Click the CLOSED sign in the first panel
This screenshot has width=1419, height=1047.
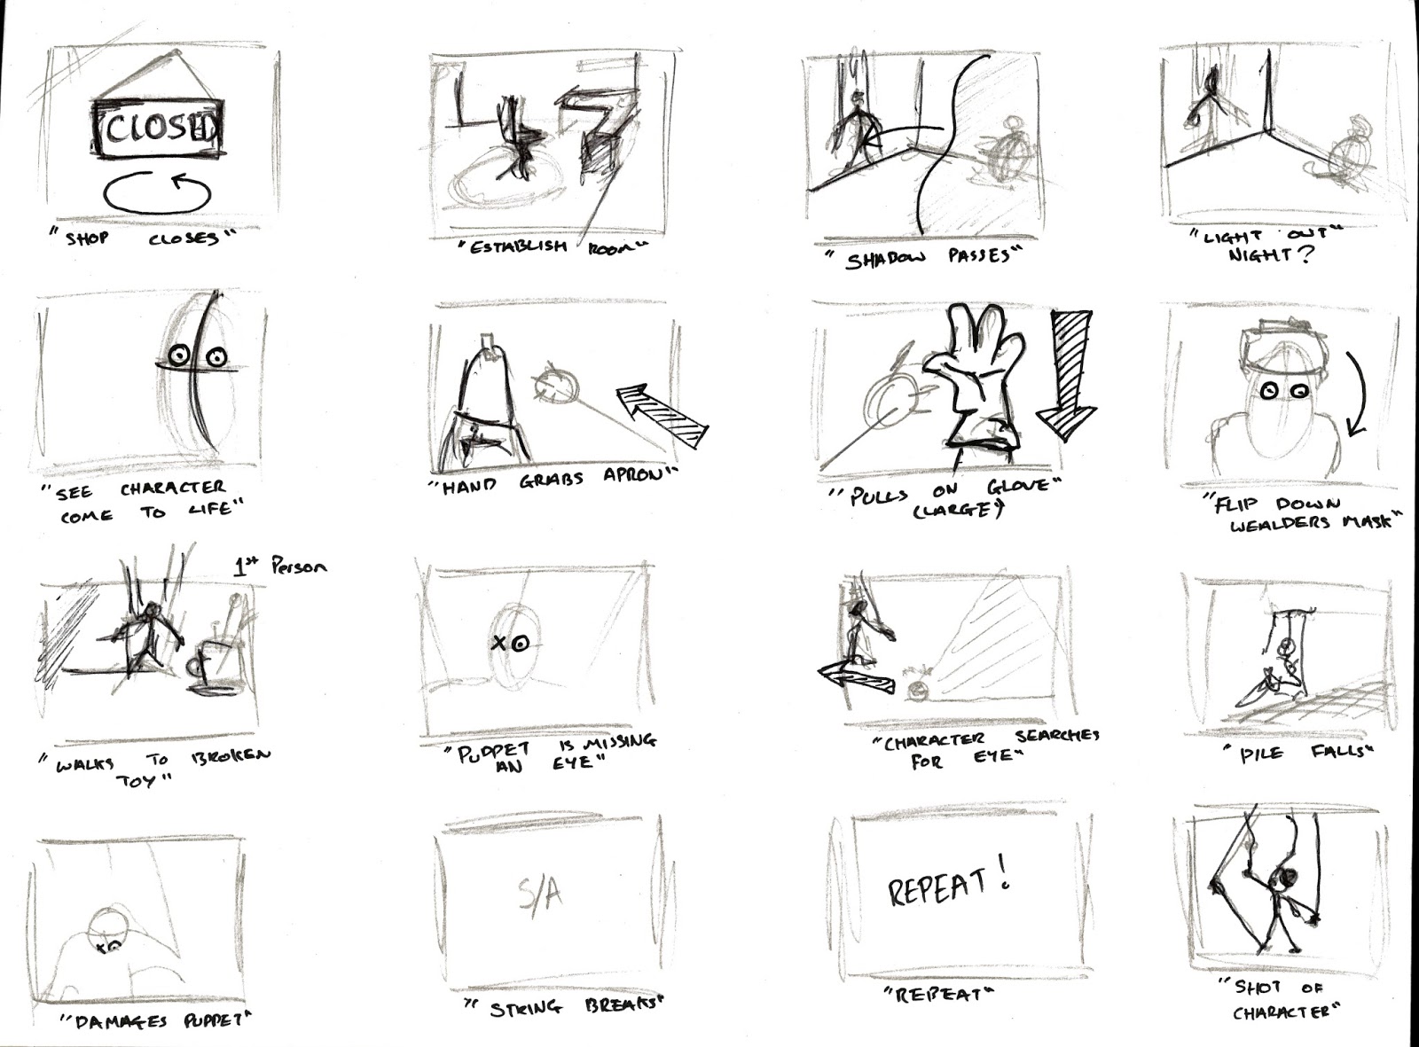click(x=158, y=129)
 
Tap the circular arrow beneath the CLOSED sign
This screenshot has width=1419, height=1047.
click(x=158, y=191)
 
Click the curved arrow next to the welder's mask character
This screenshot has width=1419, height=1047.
click(x=1356, y=395)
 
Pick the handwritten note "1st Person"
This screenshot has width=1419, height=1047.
click(x=279, y=566)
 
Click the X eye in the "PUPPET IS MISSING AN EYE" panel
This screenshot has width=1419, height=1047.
click(x=499, y=644)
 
